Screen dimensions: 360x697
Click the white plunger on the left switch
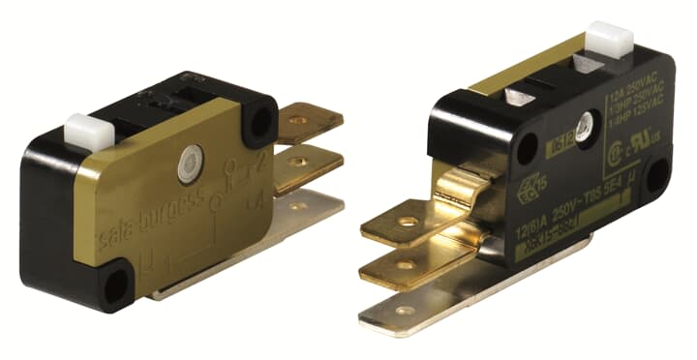pyautogui.click(x=81, y=129)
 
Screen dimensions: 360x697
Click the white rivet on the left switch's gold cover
pyautogui.click(x=189, y=165)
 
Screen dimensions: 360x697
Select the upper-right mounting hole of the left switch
pyautogui.click(x=258, y=121)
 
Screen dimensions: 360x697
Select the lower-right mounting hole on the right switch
pyautogui.click(x=655, y=177)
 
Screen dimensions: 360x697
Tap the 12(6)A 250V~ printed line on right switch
pyautogui.click(x=557, y=218)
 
